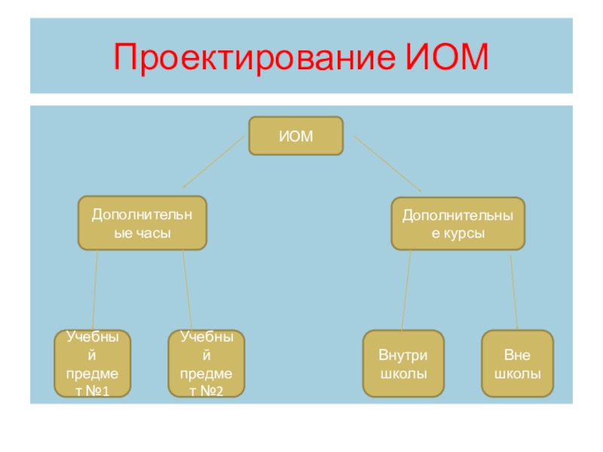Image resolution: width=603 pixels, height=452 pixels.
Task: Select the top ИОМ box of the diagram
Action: coord(296,136)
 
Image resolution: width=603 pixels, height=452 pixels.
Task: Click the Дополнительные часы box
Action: coord(142,224)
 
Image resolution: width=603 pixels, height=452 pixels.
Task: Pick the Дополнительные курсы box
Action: coord(458,224)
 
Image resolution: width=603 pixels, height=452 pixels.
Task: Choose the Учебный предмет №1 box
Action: coord(93,363)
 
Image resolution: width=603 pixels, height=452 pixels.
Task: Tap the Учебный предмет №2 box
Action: coord(207,363)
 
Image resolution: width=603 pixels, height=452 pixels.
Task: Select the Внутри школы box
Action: coord(402,363)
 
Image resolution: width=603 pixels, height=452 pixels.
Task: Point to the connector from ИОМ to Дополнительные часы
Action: coord(216,162)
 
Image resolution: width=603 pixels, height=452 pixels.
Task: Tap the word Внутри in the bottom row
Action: coord(402,354)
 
